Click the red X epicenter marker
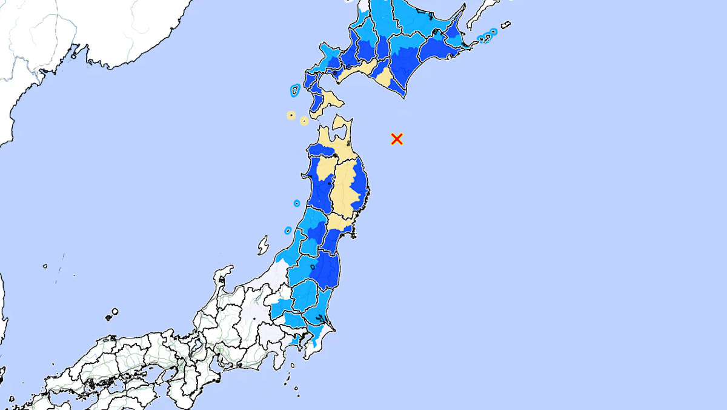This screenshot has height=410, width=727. tap(397, 139)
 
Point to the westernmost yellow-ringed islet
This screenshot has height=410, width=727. tap(291, 115)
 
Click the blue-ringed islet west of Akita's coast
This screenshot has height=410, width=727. tap(297, 203)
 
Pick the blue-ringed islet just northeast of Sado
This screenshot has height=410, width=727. tap(288, 230)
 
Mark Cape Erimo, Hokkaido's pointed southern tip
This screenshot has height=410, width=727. tap(402, 94)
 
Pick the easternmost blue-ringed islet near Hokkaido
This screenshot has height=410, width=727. tap(494, 32)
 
